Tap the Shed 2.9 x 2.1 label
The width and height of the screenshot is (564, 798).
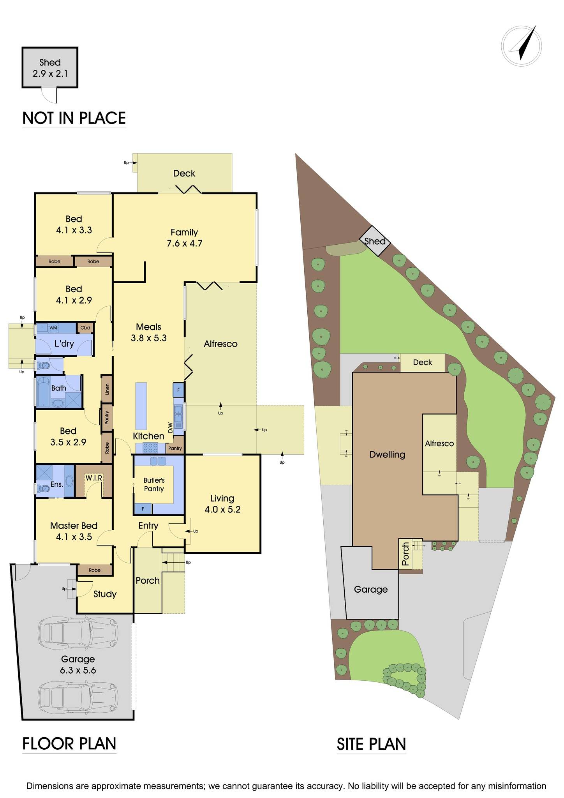click(50, 68)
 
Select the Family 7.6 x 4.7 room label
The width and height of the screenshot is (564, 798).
click(184, 238)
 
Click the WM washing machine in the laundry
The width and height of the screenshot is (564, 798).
click(53, 328)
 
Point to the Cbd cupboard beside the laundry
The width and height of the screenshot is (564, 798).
click(85, 328)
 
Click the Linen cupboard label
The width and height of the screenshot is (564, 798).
click(107, 389)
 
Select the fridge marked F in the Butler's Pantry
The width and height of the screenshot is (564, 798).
click(143, 509)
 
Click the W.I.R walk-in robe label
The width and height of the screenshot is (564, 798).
click(94, 478)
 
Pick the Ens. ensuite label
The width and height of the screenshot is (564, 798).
click(57, 484)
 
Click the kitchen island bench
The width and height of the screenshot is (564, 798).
click(141, 406)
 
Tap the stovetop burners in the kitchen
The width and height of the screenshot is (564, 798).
click(150, 448)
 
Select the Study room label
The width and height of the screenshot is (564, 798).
click(105, 594)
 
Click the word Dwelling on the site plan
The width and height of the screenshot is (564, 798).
click(387, 454)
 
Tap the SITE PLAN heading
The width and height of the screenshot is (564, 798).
click(371, 744)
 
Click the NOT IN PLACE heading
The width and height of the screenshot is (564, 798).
click(74, 118)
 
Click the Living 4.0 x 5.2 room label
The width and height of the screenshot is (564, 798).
click(222, 503)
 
